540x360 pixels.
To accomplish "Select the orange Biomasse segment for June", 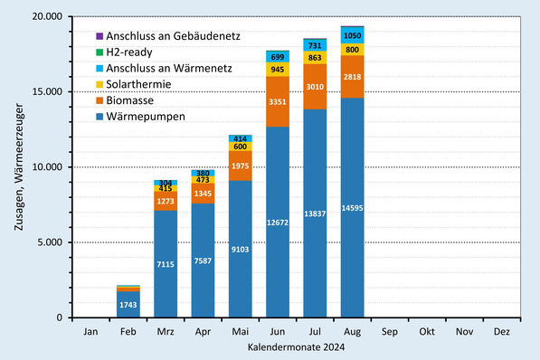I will coord(278,101).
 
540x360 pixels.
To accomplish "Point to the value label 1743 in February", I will coord(128,306).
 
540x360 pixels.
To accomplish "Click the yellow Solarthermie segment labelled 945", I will coord(278,69).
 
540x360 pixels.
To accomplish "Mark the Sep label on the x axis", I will coord(390,332).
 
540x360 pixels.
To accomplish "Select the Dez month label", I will coord(501,332).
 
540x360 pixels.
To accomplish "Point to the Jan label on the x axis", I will coord(90,332).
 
